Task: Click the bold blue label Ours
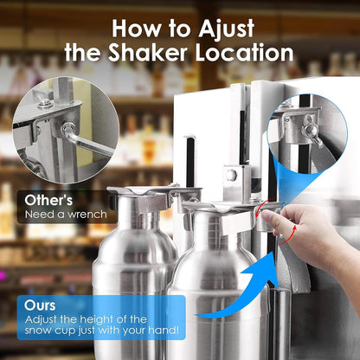click(x=41, y=305)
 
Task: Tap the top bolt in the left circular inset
click(x=44, y=104)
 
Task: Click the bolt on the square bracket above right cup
click(x=231, y=175)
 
